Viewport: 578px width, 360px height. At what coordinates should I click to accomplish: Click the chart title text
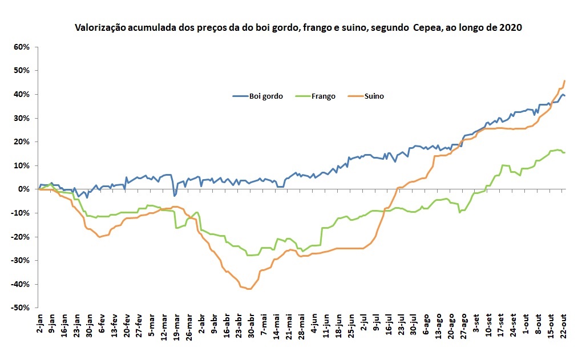click(x=298, y=27)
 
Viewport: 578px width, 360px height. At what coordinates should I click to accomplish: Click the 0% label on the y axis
click(x=23, y=189)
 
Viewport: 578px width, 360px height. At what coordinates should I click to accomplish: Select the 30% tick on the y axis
click(x=21, y=118)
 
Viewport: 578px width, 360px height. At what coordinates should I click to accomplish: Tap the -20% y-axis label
click(x=19, y=237)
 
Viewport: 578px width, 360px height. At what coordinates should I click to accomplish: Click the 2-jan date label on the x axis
click(x=39, y=325)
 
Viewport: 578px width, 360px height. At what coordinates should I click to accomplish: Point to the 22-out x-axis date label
click(x=563, y=326)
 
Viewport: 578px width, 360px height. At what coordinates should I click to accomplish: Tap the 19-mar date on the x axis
click(x=177, y=326)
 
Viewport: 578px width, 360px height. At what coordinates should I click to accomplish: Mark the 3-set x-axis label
click(x=476, y=325)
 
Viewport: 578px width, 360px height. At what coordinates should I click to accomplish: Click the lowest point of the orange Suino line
click(x=249, y=289)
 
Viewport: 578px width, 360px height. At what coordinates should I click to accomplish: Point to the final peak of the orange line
click(x=564, y=81)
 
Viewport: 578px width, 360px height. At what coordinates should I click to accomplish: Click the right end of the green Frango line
click(x=564, y=152)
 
